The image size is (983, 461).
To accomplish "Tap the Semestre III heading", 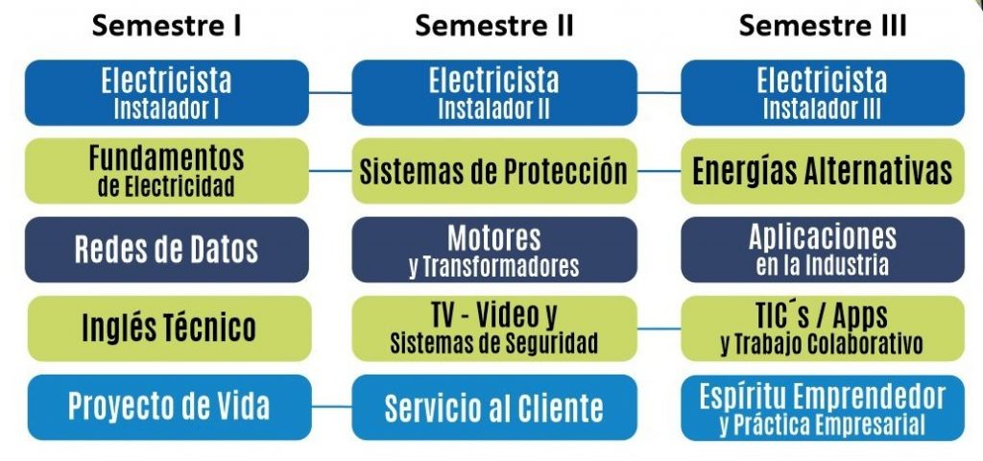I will pyautogui.click(x=823, y=26).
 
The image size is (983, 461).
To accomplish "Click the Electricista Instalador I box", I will pyautogui.click(x=166, y=92).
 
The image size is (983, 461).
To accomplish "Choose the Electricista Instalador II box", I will pyautogui.click(x=493, y=92).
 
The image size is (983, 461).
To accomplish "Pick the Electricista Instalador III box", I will pyautogui.click(x=823, y=92).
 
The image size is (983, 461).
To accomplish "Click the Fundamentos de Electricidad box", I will pyautogui.click(x=166, y=170).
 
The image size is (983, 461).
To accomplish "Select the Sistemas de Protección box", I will pyautogui.click(x=493, y=171).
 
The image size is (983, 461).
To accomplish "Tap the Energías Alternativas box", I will pyautogui.click(x=823, y=171).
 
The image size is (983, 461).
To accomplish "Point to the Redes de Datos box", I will pyautogui.click(x=166, y=249).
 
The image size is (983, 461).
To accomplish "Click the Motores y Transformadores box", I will pyautogui.click(x=493, y=249).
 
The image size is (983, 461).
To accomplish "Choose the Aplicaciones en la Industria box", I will pyautogui.click(x=823, y=249).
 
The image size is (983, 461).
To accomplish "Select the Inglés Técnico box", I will pyautogui.click(x=166, y=328).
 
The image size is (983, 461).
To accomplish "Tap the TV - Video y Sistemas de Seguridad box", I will pyautogui.click(x=493, y=328).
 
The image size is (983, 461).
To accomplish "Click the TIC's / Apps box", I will pyautogui.click(x=823, y=328).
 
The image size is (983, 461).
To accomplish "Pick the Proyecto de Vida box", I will pyautogui.click(x=166, y=406).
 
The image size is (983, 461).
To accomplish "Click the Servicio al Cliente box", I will pyautogui.click(x=493, y=406).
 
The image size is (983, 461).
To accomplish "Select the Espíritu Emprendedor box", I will pyautogui.click(x=823, y=406).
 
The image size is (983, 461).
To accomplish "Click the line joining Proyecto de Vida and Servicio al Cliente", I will pyautogui.click(x=331, y=406).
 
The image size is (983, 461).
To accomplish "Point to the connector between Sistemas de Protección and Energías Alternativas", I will pyautogui.click(x=659, y=171).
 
